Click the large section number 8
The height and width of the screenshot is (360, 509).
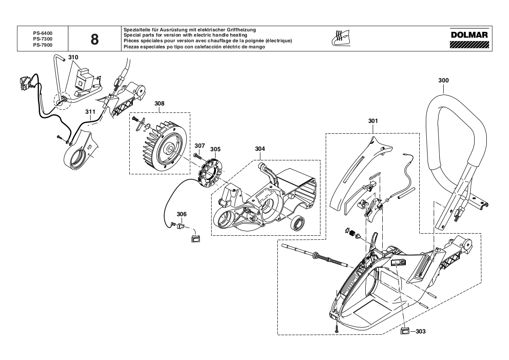click(94, 40)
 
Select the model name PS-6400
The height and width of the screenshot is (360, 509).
click(43, 33)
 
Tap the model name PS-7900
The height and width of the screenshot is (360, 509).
click(43, 45)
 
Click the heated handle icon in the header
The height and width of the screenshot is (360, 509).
click(341, 38)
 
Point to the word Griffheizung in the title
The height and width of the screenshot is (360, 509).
click(240, 30)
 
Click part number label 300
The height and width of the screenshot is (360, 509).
click(443, 80)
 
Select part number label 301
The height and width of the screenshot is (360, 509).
click(373, 121)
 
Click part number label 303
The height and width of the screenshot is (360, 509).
click(420, 331)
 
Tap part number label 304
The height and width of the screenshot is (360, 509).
click(260, 149)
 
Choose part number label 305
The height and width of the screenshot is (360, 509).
click(215, 149)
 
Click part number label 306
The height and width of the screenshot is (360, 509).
click(182, 214)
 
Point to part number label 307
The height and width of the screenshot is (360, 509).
click(200, 146)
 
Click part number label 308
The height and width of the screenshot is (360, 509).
click(159, 104)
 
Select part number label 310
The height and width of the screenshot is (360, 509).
click(73, 58)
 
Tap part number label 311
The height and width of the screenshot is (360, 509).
click(90, 112)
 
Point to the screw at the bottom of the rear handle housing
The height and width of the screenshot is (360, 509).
click(337, 328)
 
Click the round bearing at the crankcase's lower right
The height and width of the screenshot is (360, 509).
click(298, 223)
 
